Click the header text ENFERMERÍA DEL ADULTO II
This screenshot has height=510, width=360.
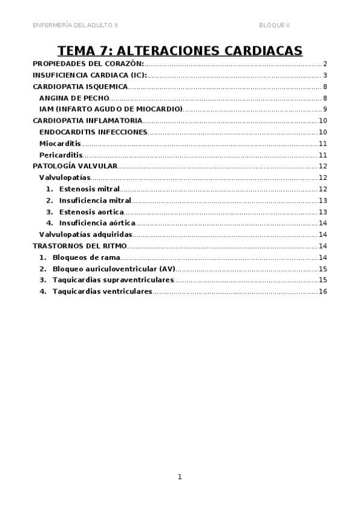tap(75, 25)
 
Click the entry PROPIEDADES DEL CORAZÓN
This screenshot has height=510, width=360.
tap(88, 64)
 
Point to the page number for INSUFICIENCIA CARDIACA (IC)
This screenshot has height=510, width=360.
tap(325, 75)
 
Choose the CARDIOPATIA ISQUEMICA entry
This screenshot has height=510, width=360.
tap(80, 87)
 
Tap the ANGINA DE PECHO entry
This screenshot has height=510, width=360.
tap(74, 98)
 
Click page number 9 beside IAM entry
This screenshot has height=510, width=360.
tap(325, 109)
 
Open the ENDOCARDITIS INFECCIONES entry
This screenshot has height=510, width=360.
tap(93, 132)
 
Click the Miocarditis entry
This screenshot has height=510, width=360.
tap(60, 144)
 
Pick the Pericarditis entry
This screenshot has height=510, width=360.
tap(61, 155)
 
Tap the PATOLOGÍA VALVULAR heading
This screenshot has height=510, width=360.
tap(75, 166)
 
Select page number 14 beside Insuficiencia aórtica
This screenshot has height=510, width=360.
tap(323, 223)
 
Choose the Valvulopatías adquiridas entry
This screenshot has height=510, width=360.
tap(85, 235)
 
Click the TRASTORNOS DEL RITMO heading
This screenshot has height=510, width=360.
tap(79, 246)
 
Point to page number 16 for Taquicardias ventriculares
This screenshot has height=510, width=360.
tap(323, 292)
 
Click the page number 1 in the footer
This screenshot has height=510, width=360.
tap(180, 477)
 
